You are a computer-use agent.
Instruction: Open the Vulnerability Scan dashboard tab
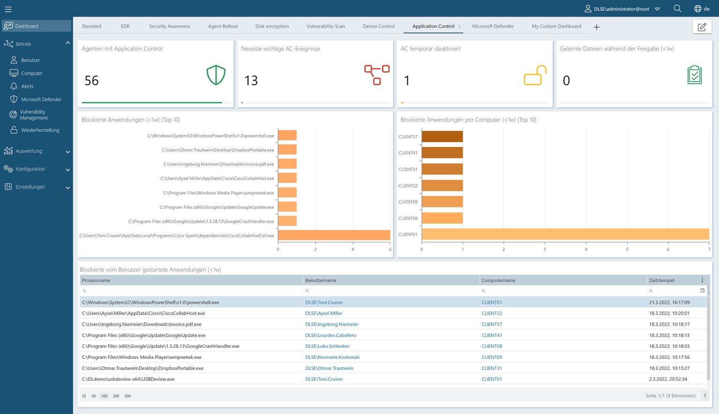point(326,26)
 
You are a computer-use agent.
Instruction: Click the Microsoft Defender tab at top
point(493,26)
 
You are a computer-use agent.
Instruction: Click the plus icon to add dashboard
point(596,27)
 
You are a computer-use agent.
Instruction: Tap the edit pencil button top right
point(702,27)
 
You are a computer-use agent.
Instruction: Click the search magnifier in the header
point(677,8)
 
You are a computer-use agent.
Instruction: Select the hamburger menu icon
point(8,9)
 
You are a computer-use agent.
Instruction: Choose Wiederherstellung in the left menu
point(40,130)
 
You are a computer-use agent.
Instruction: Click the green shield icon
point(216,75)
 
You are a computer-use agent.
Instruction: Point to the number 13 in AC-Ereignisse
point(251,80)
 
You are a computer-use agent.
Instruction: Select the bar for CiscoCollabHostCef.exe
point(334,235)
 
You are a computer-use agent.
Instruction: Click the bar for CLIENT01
point(565,234)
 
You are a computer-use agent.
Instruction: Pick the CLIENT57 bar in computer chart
point(442,137)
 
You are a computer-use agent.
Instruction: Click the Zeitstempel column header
point(661,280)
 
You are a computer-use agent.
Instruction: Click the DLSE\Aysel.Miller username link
point(324,313)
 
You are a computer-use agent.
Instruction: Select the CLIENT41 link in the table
point(491,335)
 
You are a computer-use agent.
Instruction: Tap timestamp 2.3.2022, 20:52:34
point(668,379)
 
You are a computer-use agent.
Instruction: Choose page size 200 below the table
point(116,396)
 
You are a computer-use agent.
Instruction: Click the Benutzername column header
point(321,280)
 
